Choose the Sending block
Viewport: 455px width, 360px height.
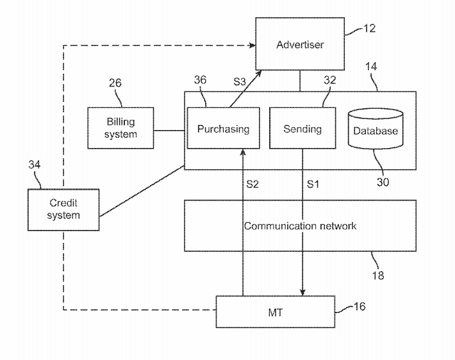(x=302, y=129)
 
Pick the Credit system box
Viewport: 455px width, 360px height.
(x=63, y=209)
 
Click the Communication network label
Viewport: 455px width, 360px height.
(x=300, y=225)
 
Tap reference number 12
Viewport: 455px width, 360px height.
(x=369, y=28)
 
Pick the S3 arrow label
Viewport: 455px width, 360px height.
(x=238, y=81)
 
